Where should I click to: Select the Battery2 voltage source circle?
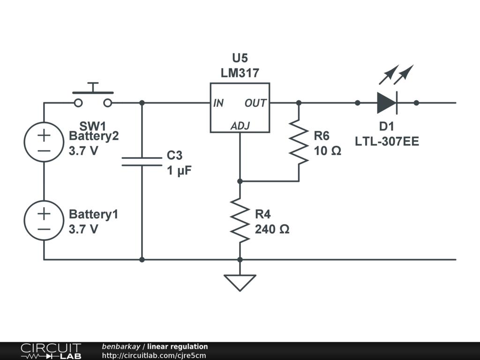click(x=44, y=142)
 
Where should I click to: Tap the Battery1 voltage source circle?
click(x=44, y=220)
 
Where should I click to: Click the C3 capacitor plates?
click(x=142, y=161)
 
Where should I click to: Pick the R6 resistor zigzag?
click(x=299, y=142)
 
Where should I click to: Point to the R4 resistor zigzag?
click(x=240, y=220)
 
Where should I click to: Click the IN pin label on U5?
click(x=218, y=103)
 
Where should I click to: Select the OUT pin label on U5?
click(x=255, y=103)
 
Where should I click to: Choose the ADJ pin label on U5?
click(x=240, y=126)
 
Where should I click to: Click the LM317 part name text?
click(x=240, y=73)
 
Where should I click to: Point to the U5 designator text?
click(x=240, y=58)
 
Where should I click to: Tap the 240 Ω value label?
click(x=272, y=230)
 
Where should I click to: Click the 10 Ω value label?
click(x=327, y=151)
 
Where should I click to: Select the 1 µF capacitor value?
click(x=179, y=171)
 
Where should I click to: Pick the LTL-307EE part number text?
click(x=387, y=141)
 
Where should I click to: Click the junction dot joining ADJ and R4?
click(x=240, y=181)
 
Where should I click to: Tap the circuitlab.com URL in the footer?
click(x=154, y=355)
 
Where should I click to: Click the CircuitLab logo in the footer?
click(x=51, y=351)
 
